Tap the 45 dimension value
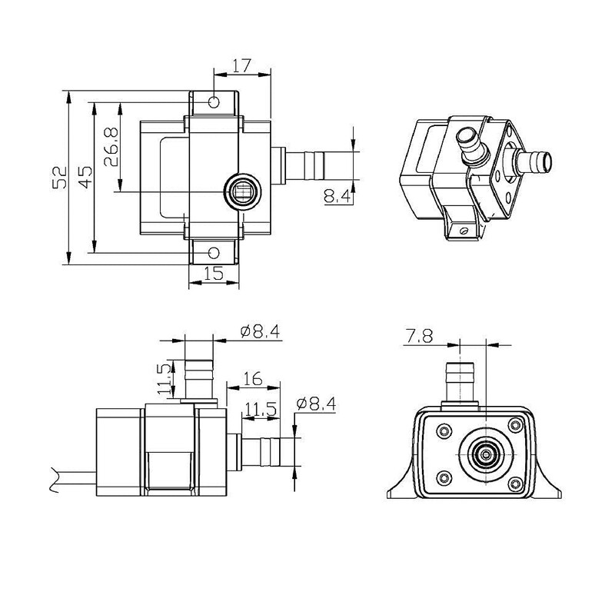point(85,178)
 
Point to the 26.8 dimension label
point(111,146)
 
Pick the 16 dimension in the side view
point(252,378)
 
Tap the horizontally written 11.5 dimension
point(260,411)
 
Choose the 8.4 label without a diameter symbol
point(337,198)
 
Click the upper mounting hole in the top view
point(214,101)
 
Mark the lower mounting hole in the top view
point(214,252)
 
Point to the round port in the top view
point(243,191)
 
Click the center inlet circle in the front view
point(485,454)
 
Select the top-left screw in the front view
point(444,430)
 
